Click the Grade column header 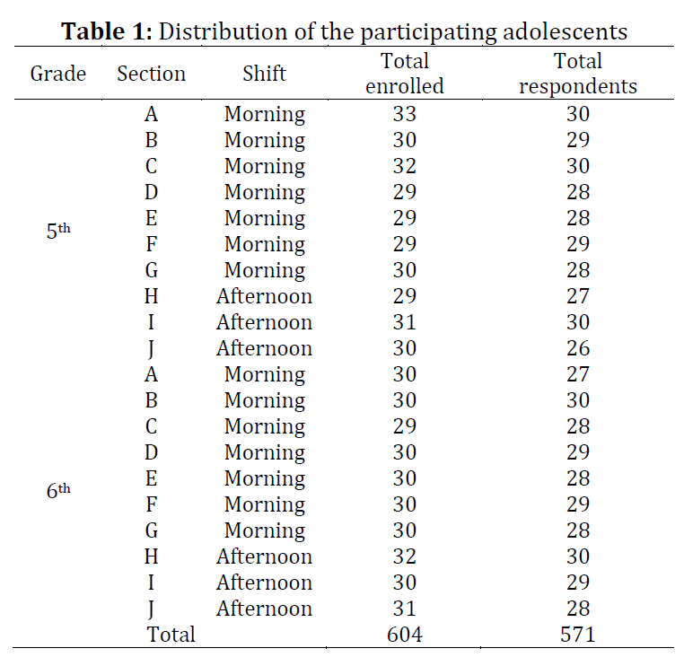pos(58,74)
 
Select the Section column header pos(152,74)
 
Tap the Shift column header pos(264,74)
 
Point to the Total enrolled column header pos(404,74)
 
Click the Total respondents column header pos(578,74)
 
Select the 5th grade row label pos(58,231)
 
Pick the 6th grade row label pos(58,491)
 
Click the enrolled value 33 pos(404,114)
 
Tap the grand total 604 pos(404,635)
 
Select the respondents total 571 pos(578,635)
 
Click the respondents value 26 pos(578,348)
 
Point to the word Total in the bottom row pos(171,635)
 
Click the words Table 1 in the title pos(107,31)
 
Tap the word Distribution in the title pos(224,31)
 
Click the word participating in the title pos(429,32)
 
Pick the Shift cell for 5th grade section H pos(264,296)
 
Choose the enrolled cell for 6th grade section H pos(404,556)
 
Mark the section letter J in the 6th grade pos(151,609)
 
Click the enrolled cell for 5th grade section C pos(404,166)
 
